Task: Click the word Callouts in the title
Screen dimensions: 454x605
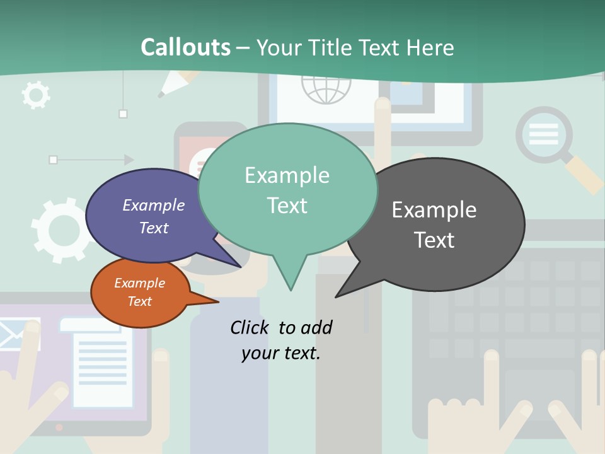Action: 185,47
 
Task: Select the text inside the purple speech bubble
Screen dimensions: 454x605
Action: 154,216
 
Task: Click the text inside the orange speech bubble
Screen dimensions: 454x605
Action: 139,292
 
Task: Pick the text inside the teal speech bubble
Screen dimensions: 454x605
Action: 287,190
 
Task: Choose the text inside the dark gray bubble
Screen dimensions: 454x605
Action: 434,224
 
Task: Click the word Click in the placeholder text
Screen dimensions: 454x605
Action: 251,327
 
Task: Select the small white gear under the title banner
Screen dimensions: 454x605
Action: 35,95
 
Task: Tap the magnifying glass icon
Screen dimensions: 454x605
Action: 546,136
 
